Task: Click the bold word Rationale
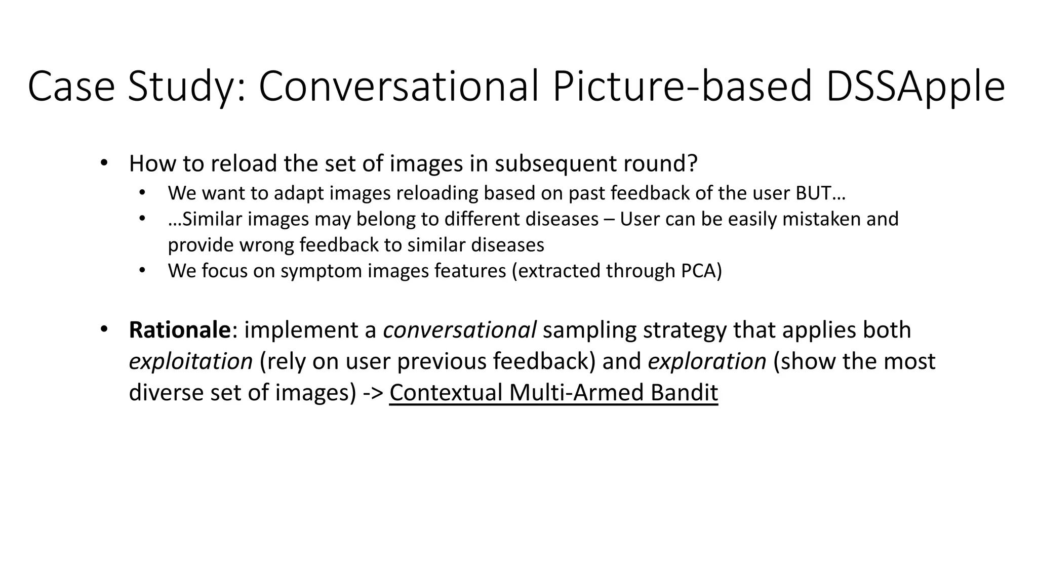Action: pyautogui.click(x=180, y=330)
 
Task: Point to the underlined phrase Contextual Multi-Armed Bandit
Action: pyautogui.click(x=553, y=393)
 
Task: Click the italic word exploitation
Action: pyautogui.click(x=190, y=361)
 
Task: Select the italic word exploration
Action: pyautogui.click(x=707, y=361)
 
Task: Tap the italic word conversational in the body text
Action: pyautogui.click(x=459, y=330)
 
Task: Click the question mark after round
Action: pyautogui.click(x=693, y=163)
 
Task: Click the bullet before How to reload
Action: pyautogui.click(x=104, y=163)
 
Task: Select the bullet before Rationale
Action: pyautogui.click(x=104, y=329)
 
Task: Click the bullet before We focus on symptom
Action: pyautogui.click(x=142, y=270)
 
